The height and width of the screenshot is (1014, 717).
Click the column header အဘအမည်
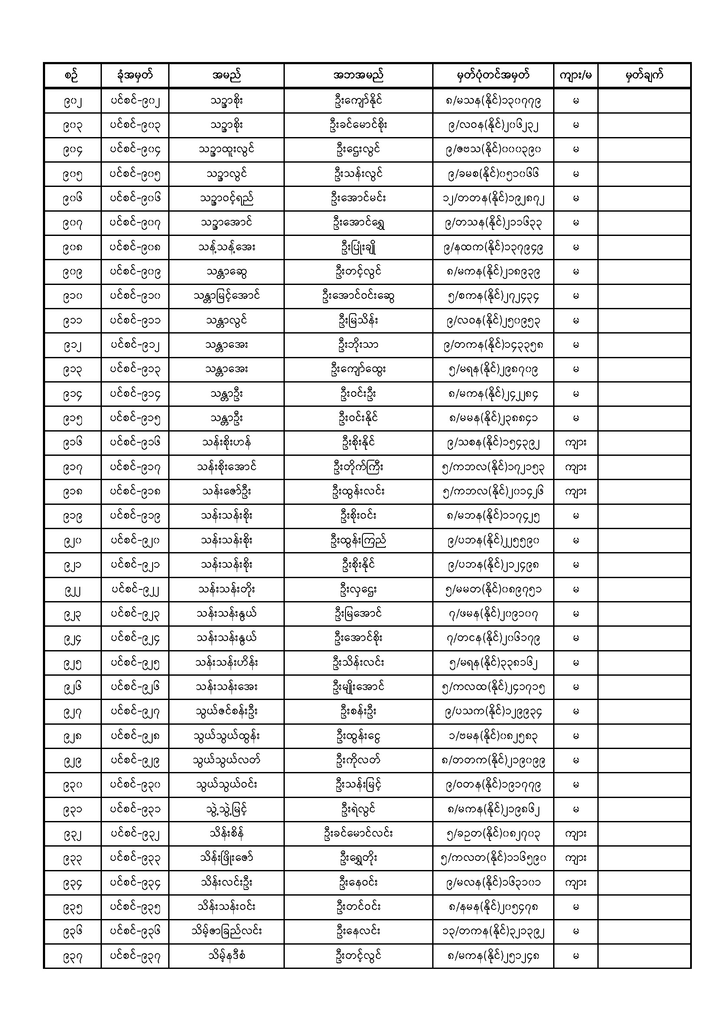tap(358, 75)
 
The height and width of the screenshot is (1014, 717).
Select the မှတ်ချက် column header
tap(644, 75)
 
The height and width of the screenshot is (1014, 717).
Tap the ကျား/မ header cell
tap(576, 75)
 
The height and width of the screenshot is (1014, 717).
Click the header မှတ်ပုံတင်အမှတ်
tap(493, 75)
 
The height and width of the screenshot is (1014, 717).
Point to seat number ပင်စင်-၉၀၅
tap(135, 174)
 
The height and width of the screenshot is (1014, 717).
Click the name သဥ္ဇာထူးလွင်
tap(226, 150)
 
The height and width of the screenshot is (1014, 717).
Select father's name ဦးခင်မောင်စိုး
tap(358, 125)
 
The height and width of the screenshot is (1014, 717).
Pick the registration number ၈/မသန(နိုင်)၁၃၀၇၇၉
tap(493, 101)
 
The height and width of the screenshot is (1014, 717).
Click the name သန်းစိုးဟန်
tap(226, 442)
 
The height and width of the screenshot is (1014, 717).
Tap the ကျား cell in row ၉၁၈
tap(576, 491)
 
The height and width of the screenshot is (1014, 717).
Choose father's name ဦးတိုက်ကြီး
tap(358, 467)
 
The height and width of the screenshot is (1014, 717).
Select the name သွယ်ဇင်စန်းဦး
tap(226, 711)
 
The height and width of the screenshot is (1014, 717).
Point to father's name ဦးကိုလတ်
tap(358, 761)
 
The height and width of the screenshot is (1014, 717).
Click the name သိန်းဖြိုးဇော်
tap(226, 858)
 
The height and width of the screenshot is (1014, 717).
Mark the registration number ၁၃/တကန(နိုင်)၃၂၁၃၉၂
tap(493, 932)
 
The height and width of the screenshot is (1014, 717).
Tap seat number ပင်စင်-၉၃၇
tap(135, 956)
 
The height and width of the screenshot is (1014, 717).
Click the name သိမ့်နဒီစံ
tap(226, 956)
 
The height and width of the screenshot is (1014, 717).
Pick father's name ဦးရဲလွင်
tap(358, 810)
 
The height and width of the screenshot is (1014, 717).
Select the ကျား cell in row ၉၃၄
tap(576, 883)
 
